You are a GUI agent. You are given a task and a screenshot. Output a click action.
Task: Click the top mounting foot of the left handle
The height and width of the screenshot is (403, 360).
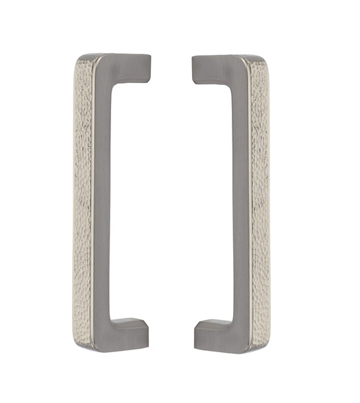pyautogui.click(x=137, y=66)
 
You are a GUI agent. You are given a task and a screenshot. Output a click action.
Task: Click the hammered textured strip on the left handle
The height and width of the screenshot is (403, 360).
pyautogui.click(x=83, y=199)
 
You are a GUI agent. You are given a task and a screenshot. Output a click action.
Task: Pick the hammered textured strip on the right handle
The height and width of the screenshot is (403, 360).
pyautogui.click(x=261, y=199)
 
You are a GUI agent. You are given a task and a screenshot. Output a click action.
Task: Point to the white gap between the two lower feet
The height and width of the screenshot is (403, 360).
pyautogui.click(x=172, y=332)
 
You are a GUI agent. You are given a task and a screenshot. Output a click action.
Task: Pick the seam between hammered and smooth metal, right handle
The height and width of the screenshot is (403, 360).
pyautogui.click(x=251, y=199)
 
